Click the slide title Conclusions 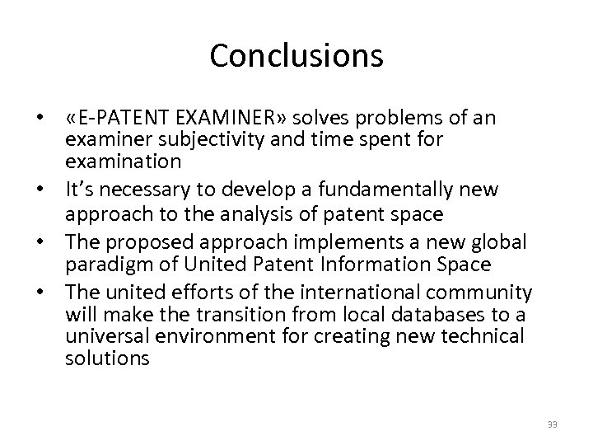tap(296, 56)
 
